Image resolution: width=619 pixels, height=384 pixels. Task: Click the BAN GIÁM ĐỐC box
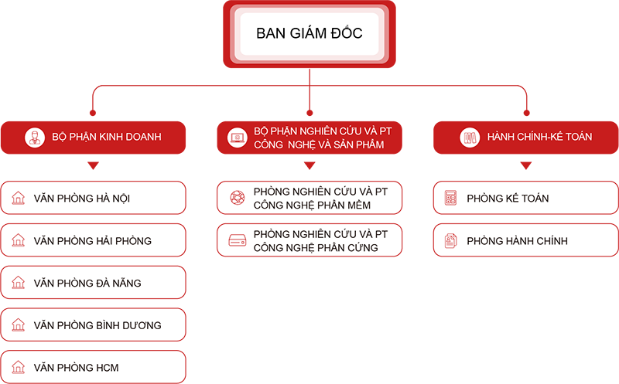(x=309, y=34)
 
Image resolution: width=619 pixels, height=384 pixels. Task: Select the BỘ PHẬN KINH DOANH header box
(x=93, y=137)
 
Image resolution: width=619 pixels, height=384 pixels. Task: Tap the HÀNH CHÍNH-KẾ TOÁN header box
(x=526, y=137)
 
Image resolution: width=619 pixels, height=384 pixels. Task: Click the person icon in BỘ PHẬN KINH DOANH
(x=33, y=138)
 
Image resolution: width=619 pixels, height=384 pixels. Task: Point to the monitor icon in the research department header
(x=237, y=138)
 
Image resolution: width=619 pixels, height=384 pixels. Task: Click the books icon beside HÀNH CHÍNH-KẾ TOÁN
(x=468, y=138)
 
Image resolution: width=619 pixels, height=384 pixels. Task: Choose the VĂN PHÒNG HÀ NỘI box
(x=93, y=198)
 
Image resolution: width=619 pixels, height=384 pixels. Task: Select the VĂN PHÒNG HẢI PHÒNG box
(x=93, y=240)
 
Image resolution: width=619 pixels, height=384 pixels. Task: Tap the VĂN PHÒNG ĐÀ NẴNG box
(x=93, y=283)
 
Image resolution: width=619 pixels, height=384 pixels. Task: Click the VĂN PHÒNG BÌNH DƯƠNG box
(x=93, y=325)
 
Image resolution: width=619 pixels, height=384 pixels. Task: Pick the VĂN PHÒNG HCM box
(x=93, y=367)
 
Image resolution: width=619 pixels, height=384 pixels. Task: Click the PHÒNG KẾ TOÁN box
(x=526, y=198)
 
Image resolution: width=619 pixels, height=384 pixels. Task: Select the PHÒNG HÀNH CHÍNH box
(x=526, y=240)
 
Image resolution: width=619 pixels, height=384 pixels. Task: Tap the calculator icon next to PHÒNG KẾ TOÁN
(x=450, y=199)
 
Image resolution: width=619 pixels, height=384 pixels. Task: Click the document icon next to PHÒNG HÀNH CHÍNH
(x=450, y=241)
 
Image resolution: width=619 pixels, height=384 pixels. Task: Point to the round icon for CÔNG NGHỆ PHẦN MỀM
(x=237, y=199)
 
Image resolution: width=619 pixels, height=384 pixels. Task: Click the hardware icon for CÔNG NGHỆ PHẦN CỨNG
(x=237, y=241)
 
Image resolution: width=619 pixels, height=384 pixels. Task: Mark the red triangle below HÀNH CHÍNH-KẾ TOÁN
(x=526, y=165)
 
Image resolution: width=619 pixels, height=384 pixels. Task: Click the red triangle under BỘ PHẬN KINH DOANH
(x=93, y=165)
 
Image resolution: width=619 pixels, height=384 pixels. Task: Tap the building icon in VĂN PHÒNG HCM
(x=18, y=368)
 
